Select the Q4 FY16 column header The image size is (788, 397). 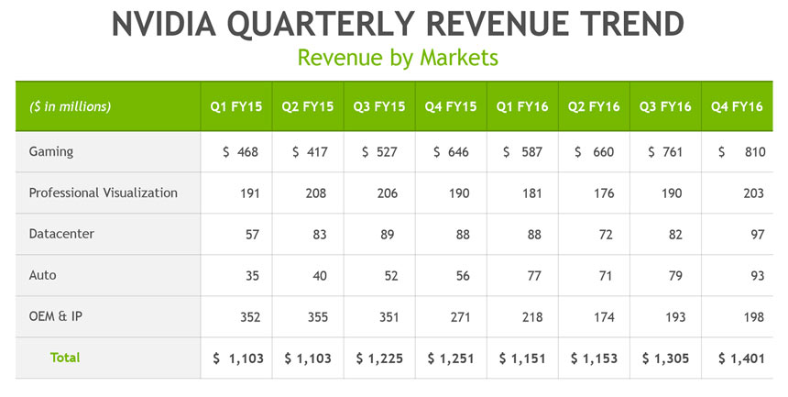[737, 106]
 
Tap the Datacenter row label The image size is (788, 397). [61, 234]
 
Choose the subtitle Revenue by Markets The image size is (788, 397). [398, 57]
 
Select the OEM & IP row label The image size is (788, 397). [54, 316]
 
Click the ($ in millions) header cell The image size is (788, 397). [71, 106]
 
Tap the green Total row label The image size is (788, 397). [65, 358]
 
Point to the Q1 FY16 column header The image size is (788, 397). [522, 106]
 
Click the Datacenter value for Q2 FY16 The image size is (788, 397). [602, 234]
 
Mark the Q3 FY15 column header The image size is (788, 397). [379, 106]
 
